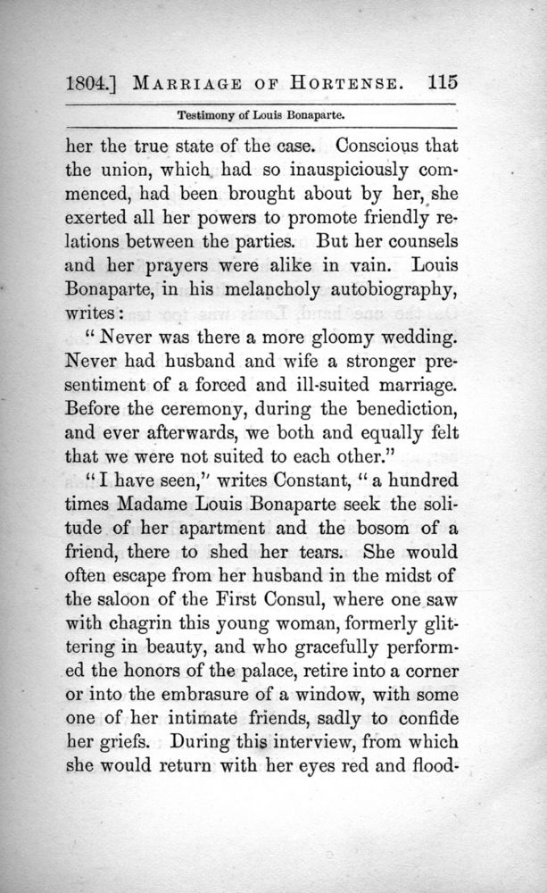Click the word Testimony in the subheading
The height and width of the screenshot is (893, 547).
pos(207,115)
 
